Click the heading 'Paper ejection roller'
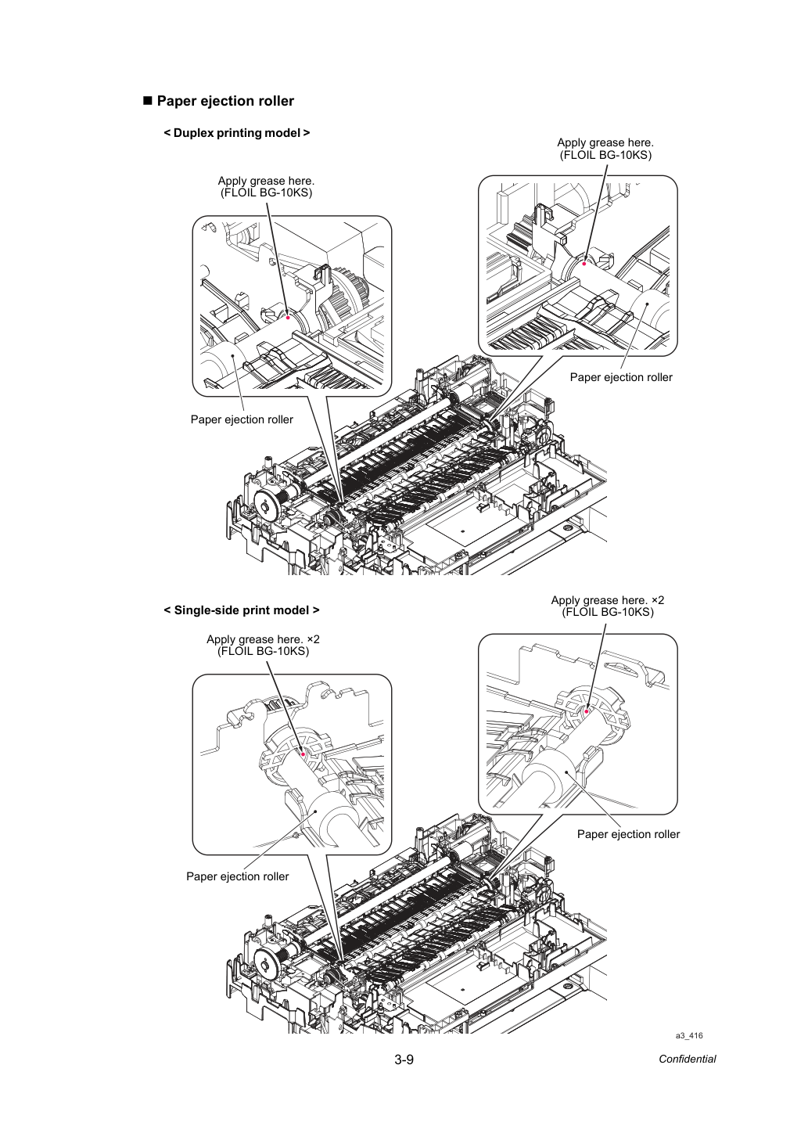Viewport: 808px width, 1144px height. point(225,101)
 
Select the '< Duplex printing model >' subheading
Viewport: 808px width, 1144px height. point(236,133)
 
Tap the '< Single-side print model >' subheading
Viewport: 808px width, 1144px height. point(242,610)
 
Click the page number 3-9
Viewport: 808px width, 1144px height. point(404,1059)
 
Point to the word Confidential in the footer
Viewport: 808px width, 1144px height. point(687,1059)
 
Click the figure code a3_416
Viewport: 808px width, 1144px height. point(689,1035)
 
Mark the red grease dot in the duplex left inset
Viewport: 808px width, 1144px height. point(288,317)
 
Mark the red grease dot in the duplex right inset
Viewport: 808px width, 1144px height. point(584,264)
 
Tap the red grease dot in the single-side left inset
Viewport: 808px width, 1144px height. point(303,754)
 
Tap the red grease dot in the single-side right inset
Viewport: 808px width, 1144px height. point(587,711)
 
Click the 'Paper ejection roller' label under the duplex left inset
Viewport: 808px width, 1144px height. point(242,420)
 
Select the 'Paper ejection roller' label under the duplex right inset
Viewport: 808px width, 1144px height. point(621,377)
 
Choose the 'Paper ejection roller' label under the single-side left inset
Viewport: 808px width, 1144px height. point(237,876)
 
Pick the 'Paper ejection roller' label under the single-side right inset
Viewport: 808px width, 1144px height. point(628,834)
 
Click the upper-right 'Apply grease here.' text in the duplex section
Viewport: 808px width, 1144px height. point(605,143)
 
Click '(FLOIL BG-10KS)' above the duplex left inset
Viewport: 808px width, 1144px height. point(266,193)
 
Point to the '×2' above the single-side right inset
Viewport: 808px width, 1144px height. point(658,601)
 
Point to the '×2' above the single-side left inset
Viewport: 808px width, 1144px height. point(313,639)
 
